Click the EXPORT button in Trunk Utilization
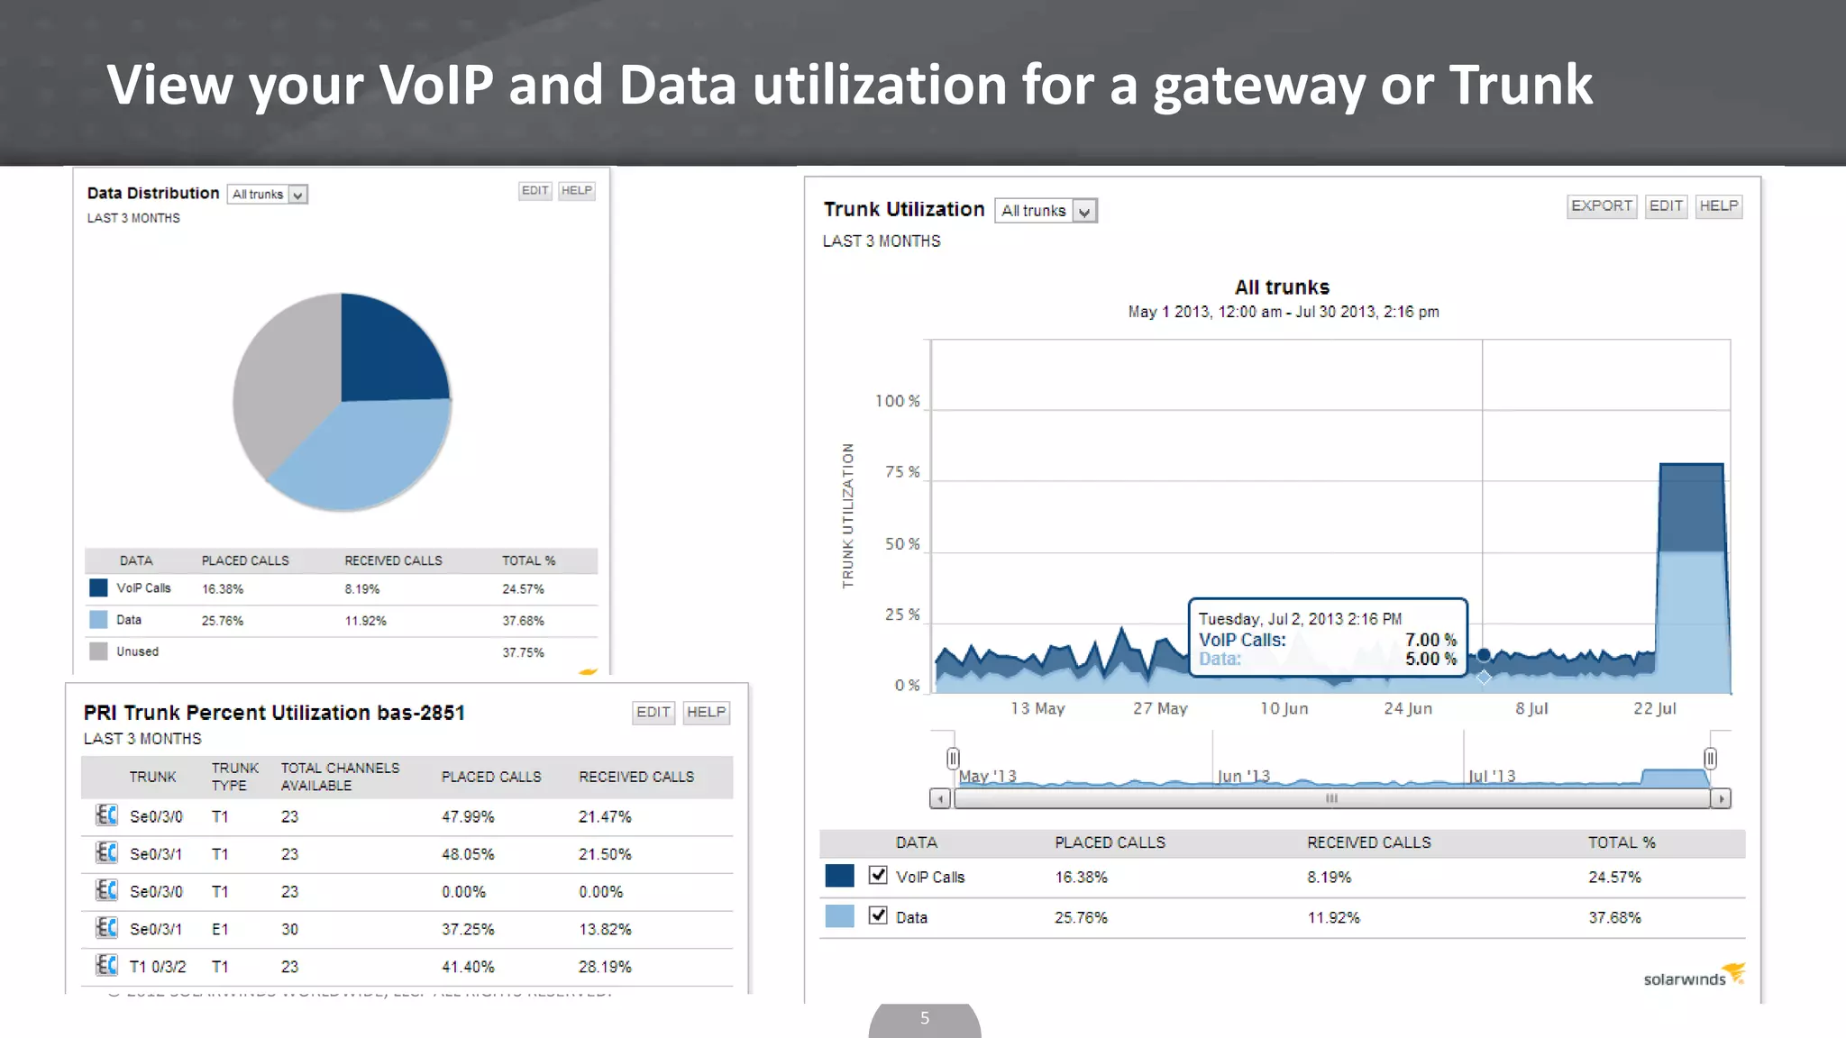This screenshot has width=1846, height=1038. (x=1601, y=205)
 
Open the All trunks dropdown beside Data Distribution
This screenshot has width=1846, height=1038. (x=268, y=194)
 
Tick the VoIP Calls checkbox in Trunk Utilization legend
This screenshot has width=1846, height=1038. (x=878, y=875)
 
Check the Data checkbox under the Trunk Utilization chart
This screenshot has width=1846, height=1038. (x=878, y=915)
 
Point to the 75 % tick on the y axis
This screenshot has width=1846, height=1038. (x=901, y=472)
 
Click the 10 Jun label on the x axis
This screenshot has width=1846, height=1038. (x=1284, y=708)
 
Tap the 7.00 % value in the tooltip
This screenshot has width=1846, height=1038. (x=1430, y=640)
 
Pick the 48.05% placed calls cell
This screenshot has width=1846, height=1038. (x=468, y=854)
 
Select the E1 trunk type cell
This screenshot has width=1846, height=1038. (x=220, y=929)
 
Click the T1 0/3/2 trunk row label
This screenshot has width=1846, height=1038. (x=158, y=967)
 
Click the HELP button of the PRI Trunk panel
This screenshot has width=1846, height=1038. (x=706, y=712)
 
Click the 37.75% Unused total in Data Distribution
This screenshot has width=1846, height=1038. (x=523, y=652)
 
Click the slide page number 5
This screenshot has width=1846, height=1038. (x=925, y=1018)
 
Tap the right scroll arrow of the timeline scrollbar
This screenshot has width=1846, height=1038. (x=1721, y=798)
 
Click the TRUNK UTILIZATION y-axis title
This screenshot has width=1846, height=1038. (x=847, y=515)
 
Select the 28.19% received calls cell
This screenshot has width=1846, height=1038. (x=605, y=967)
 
